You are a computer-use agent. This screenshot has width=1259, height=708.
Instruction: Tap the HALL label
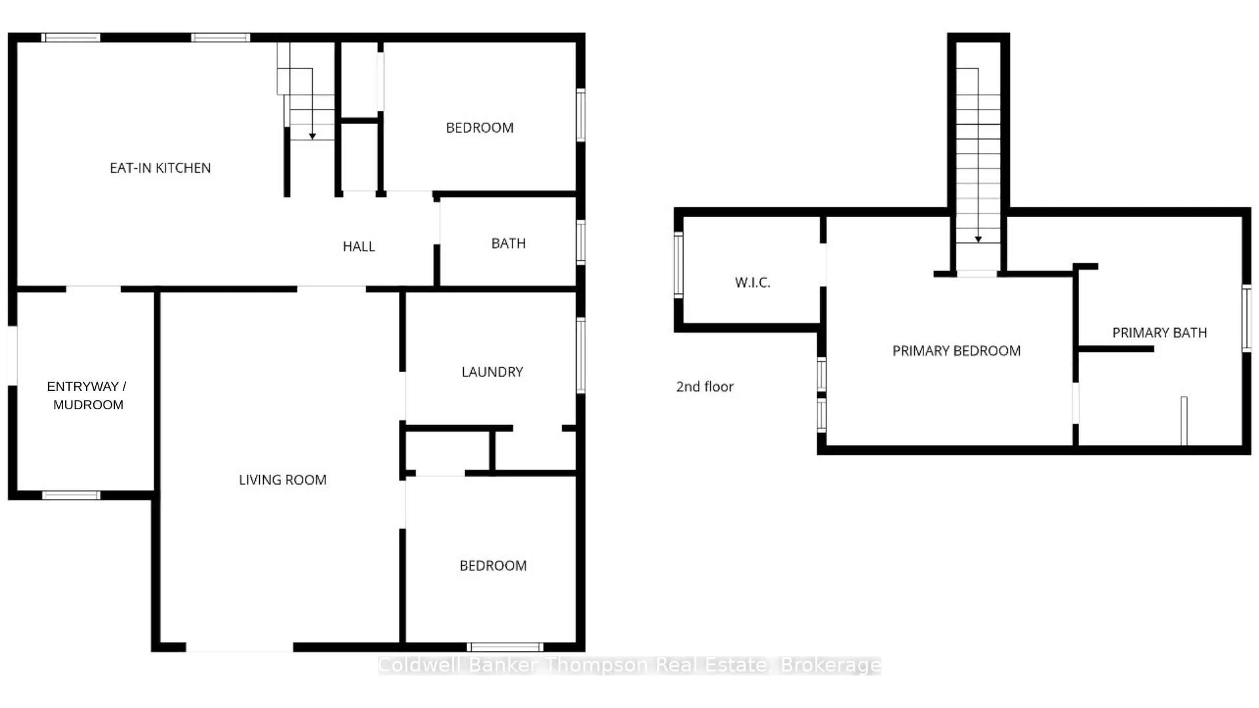(x=359, y=246)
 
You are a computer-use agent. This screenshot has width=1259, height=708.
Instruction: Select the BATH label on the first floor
(x=508, y=243)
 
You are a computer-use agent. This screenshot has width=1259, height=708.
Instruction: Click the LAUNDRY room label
(x=492, y=372)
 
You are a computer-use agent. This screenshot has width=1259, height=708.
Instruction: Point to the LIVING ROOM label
(x=283, y=480)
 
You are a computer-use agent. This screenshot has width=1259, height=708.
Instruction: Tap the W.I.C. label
(x=752, y=283)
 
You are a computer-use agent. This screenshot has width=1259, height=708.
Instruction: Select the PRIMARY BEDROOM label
(x=956, y=351)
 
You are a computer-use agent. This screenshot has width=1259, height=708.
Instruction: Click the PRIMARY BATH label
(x=1159, y=333)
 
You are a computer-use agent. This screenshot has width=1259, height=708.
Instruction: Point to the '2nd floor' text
(x=704, y=387)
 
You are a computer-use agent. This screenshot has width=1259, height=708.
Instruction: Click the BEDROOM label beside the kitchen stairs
(x=479, y=128)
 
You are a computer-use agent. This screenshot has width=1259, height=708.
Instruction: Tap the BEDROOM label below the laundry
(x=493, y=566)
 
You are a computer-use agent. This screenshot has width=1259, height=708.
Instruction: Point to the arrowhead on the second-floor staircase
(x=978, y=239)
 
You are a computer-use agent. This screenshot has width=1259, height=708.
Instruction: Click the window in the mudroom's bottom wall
(x=71, y=496)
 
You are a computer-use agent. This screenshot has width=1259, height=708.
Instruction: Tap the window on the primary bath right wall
(x=1247, y=319)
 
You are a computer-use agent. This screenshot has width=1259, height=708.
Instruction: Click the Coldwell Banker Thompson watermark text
(x=629, y=665)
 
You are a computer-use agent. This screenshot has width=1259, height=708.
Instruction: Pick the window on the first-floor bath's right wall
(x=581, y=242)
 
